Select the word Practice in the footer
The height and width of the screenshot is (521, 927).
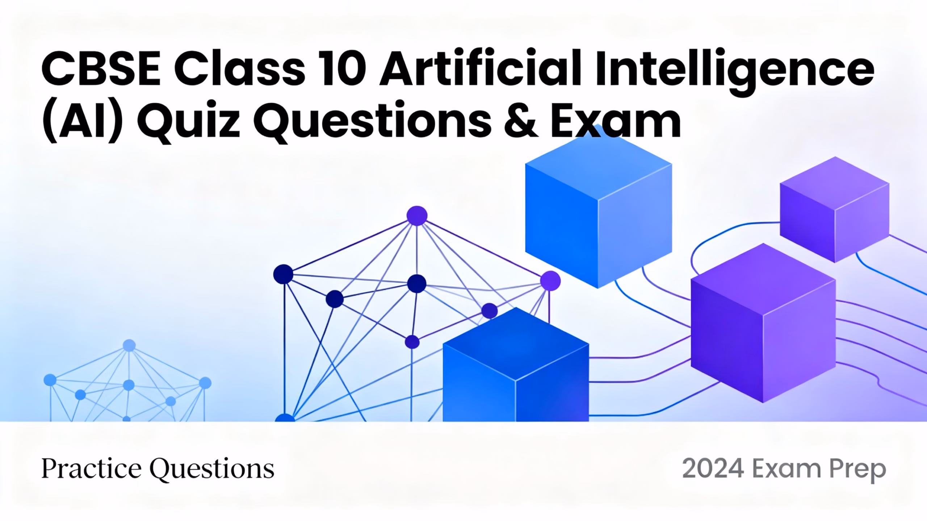(x=91, y=469)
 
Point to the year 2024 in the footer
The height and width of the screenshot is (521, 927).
(x=713, y=469)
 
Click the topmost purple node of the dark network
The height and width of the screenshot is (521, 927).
(x=417, y=216)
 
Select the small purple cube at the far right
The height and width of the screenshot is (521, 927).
(x=834, y=209)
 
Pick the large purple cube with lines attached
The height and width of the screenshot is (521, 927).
(x=763, y=323)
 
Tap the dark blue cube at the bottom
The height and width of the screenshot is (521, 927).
(x=516, y=364)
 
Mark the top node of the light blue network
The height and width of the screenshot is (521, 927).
(x=129, y=346)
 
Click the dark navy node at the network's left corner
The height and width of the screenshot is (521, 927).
(x=283, y=274)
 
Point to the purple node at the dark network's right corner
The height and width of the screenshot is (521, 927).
(x=550, y=281)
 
